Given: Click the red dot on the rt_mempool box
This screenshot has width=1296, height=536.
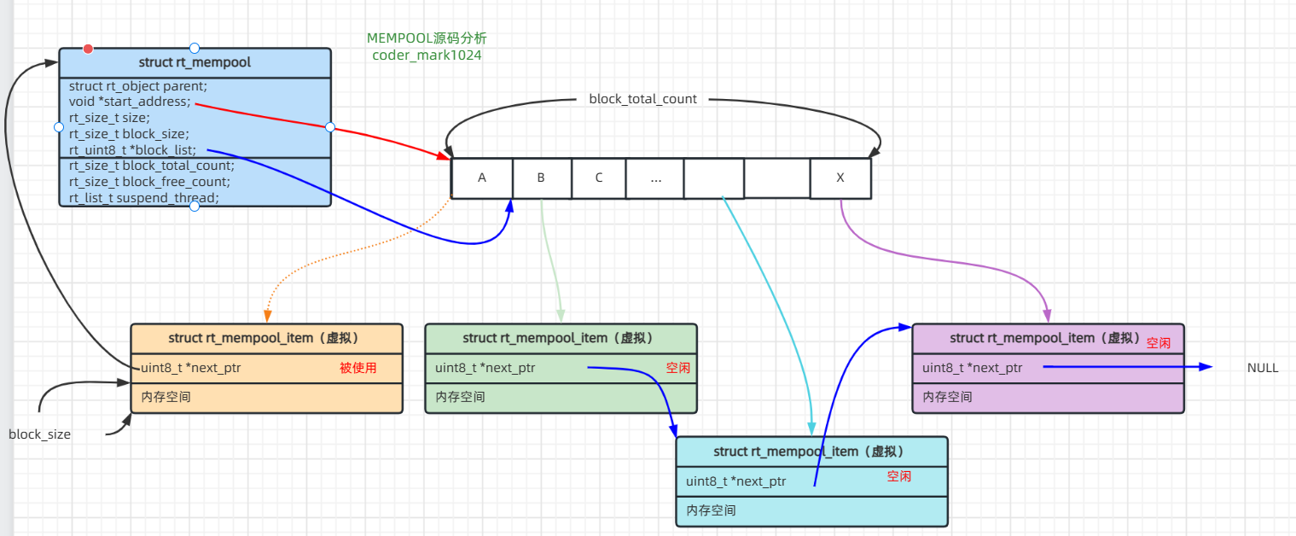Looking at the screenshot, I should [88, 49].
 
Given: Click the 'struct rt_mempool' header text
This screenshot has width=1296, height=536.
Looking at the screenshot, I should [195, 62].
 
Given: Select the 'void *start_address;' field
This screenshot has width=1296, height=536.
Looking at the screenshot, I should [130, 102].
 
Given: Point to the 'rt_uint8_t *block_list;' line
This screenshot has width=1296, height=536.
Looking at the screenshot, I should [132, 149].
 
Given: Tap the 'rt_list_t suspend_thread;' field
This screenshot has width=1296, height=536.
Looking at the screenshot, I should [143, 198].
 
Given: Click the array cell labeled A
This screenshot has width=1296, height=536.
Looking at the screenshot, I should [482, 178].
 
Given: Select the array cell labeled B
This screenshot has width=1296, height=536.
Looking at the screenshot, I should [541, 178].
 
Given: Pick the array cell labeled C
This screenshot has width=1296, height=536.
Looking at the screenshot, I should [598, 178].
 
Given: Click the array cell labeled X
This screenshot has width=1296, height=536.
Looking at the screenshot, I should [840, 178].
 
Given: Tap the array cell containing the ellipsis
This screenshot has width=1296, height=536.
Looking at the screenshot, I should [654, 178].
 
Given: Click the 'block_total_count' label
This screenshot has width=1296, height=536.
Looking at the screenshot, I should [642, 99].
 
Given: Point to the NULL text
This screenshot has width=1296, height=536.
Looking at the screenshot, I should [1263, 368].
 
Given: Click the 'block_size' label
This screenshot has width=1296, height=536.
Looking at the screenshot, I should [39, 434].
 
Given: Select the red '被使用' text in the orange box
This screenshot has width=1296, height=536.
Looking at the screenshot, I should [357, 368].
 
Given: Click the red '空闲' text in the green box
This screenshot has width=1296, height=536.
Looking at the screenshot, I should [678, 369].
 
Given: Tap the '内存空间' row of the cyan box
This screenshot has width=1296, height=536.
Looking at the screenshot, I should [711, 510].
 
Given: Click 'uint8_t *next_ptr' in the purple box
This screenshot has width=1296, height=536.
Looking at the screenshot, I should [972, 368].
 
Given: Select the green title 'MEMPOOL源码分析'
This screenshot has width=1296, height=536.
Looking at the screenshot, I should [427, 38].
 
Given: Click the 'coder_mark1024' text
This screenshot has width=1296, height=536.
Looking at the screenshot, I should [427, 55].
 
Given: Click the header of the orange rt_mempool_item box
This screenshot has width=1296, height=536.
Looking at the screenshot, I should [265, 338].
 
